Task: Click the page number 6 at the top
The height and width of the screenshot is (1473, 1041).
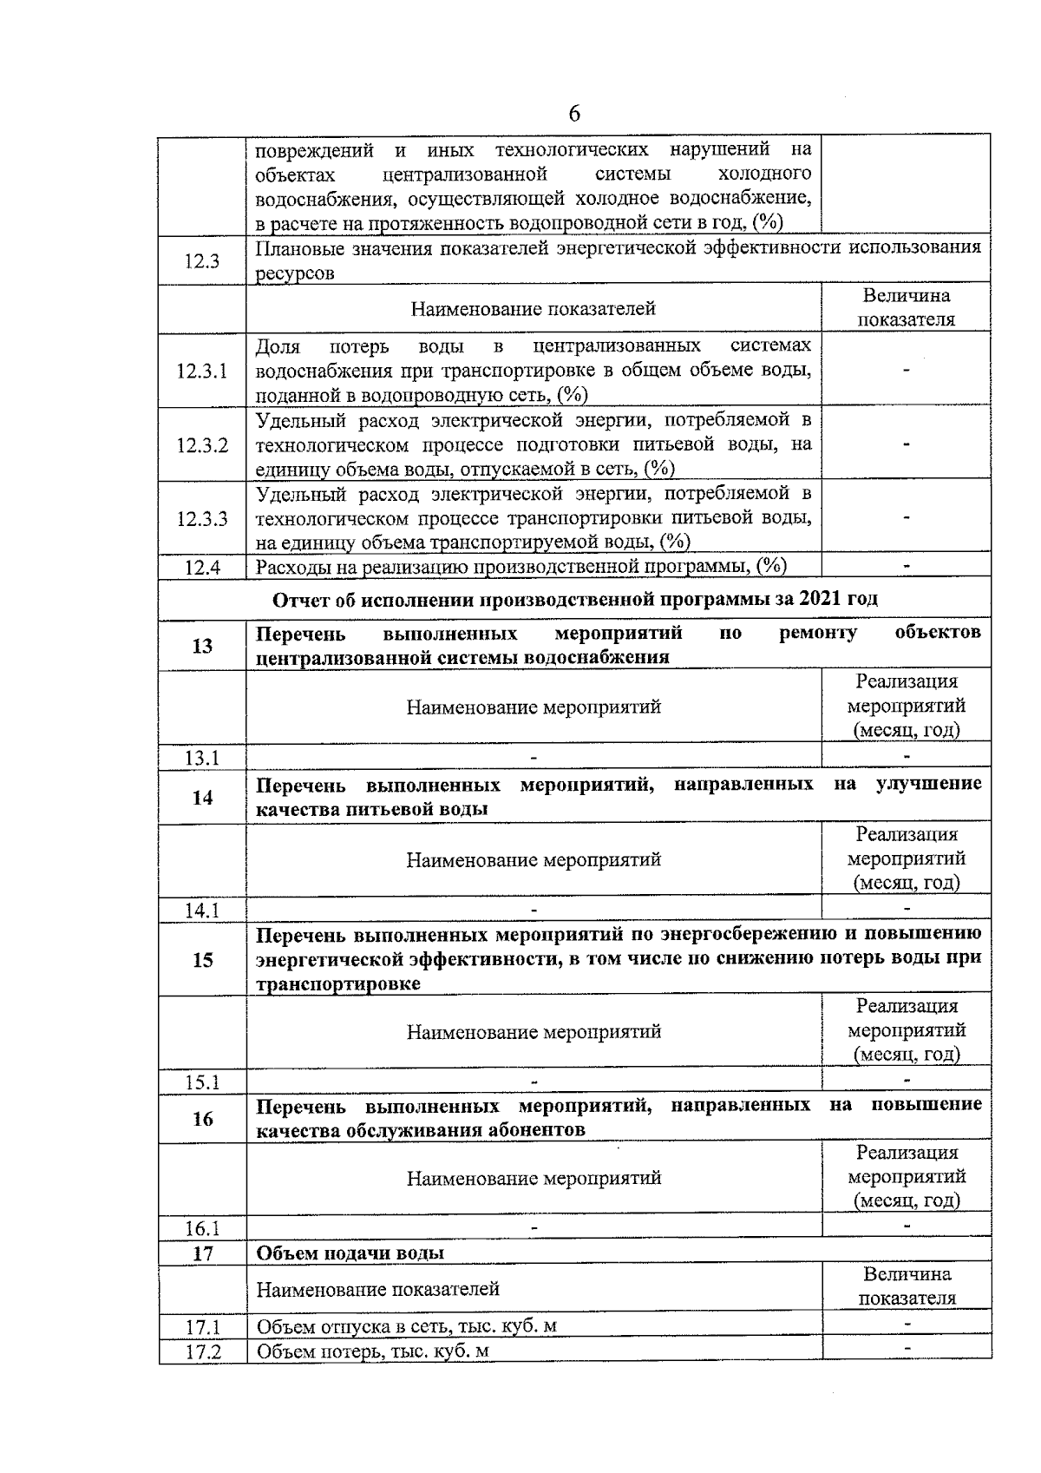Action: [574, 115]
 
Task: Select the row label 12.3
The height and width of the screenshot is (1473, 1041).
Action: [202, 261]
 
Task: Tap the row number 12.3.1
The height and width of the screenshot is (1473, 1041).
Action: [202, 372]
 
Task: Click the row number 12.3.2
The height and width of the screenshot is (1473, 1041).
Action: [202, 445]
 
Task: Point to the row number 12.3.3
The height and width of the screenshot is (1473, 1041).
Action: [202, 519]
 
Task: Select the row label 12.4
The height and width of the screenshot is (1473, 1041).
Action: [202, 568]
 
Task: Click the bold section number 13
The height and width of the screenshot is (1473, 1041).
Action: [202, 646]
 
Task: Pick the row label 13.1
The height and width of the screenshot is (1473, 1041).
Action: [202, 758]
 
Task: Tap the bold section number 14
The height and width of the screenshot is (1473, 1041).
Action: [202, 798]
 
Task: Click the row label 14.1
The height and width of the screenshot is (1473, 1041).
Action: [202, 911]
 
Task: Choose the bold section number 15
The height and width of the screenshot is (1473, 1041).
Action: [202, 960]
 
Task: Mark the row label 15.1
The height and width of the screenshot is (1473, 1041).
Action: [202, 1082]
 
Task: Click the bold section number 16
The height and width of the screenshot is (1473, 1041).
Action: [202, 1119]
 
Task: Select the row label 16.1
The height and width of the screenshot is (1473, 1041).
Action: [202, 1228]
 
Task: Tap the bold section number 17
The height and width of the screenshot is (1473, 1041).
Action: [202, 1253]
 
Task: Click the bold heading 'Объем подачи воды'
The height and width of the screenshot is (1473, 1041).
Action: [350, 1253]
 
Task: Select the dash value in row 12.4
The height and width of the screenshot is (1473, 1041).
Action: [907, 566]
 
